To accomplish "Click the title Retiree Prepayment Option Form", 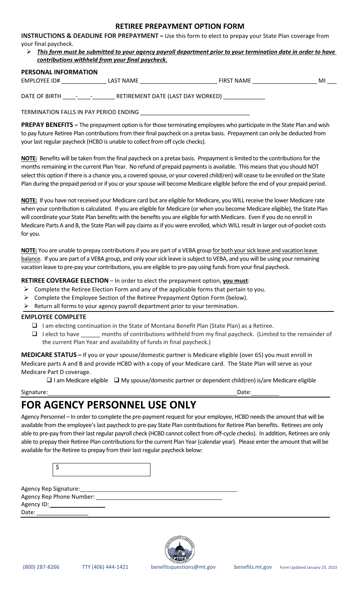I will click(x=180, y=26).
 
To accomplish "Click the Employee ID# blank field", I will click(x=84, y=81).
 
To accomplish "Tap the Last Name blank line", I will click(x=178, y=81).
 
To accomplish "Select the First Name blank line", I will click(x=285, y=81).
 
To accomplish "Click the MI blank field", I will click(x=332, y=81).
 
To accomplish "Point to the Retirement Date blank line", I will click(x=244, y=96).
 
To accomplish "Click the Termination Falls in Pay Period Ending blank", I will click(x=195, y=112).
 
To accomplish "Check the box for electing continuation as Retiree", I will click(x=35, y=325).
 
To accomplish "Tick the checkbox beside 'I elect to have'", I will click(x=35, y=334).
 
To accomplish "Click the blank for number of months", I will click(x=91, y=334).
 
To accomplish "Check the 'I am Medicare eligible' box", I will click(x=49, y=380).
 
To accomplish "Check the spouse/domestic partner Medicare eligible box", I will click(x=117, y=380).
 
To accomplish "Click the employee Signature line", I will click(x=142, y=392).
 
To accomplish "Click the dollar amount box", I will click(x=102, y=469).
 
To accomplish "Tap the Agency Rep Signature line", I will click(x=158, y=489).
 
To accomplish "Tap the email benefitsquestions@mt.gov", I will click(x=183, y=567).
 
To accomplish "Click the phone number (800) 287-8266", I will click(x=41, y=567).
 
